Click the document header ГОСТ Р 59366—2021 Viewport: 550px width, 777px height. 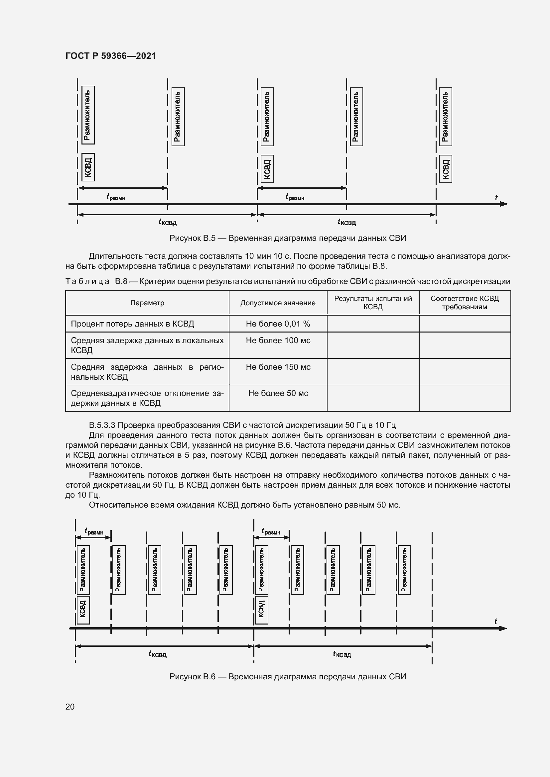pos(111,56)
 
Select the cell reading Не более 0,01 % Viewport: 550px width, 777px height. pos(278,324)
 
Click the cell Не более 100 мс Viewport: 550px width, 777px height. pos(278,340)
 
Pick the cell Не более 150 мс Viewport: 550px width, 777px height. pos(278,367)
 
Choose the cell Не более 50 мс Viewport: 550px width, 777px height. pos(278,393)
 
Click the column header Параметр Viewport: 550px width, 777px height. pos(147,303)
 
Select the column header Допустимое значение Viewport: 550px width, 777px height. pos(278,303)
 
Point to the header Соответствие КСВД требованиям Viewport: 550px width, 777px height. pos(464,303)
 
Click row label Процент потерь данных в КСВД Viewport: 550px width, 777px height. pos(132,324)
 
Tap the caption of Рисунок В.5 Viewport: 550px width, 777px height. pos(288,238)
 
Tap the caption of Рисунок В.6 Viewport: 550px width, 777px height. pos(288,676)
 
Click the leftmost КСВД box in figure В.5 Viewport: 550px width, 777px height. pos(88,167)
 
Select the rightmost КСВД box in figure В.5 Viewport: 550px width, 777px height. pos(445,169)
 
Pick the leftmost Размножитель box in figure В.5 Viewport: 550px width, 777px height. pos(88,115)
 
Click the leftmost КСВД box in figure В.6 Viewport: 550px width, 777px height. pos(83,610)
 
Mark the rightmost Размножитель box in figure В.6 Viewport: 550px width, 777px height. pos(404,570)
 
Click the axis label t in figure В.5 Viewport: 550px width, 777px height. pos(496,198)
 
